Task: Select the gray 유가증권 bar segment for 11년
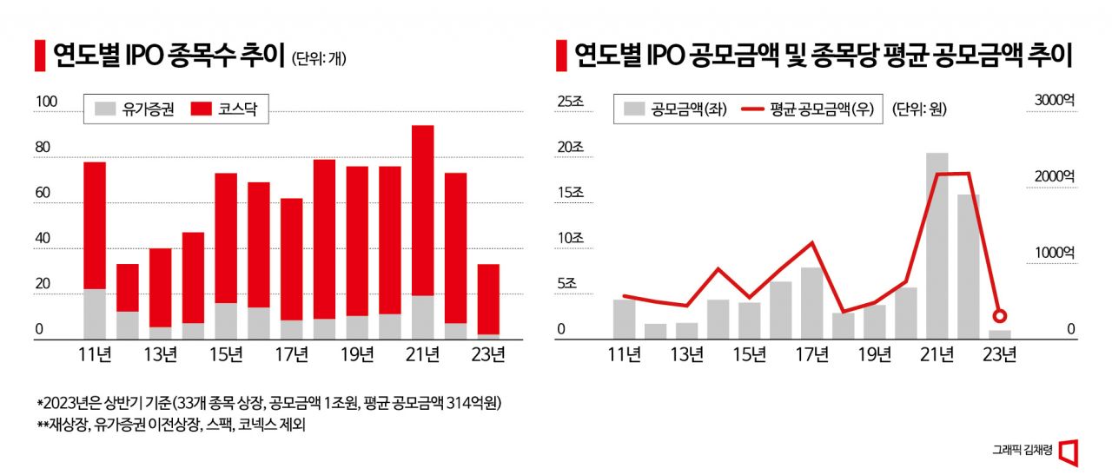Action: (95, 313)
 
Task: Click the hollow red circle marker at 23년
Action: (1000, 316)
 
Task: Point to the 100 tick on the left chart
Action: (45, 102)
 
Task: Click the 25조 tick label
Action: (571, 102)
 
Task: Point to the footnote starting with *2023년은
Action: (269, 404)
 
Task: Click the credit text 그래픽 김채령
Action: (1023, 450)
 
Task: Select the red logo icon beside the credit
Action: (1069, 451)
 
